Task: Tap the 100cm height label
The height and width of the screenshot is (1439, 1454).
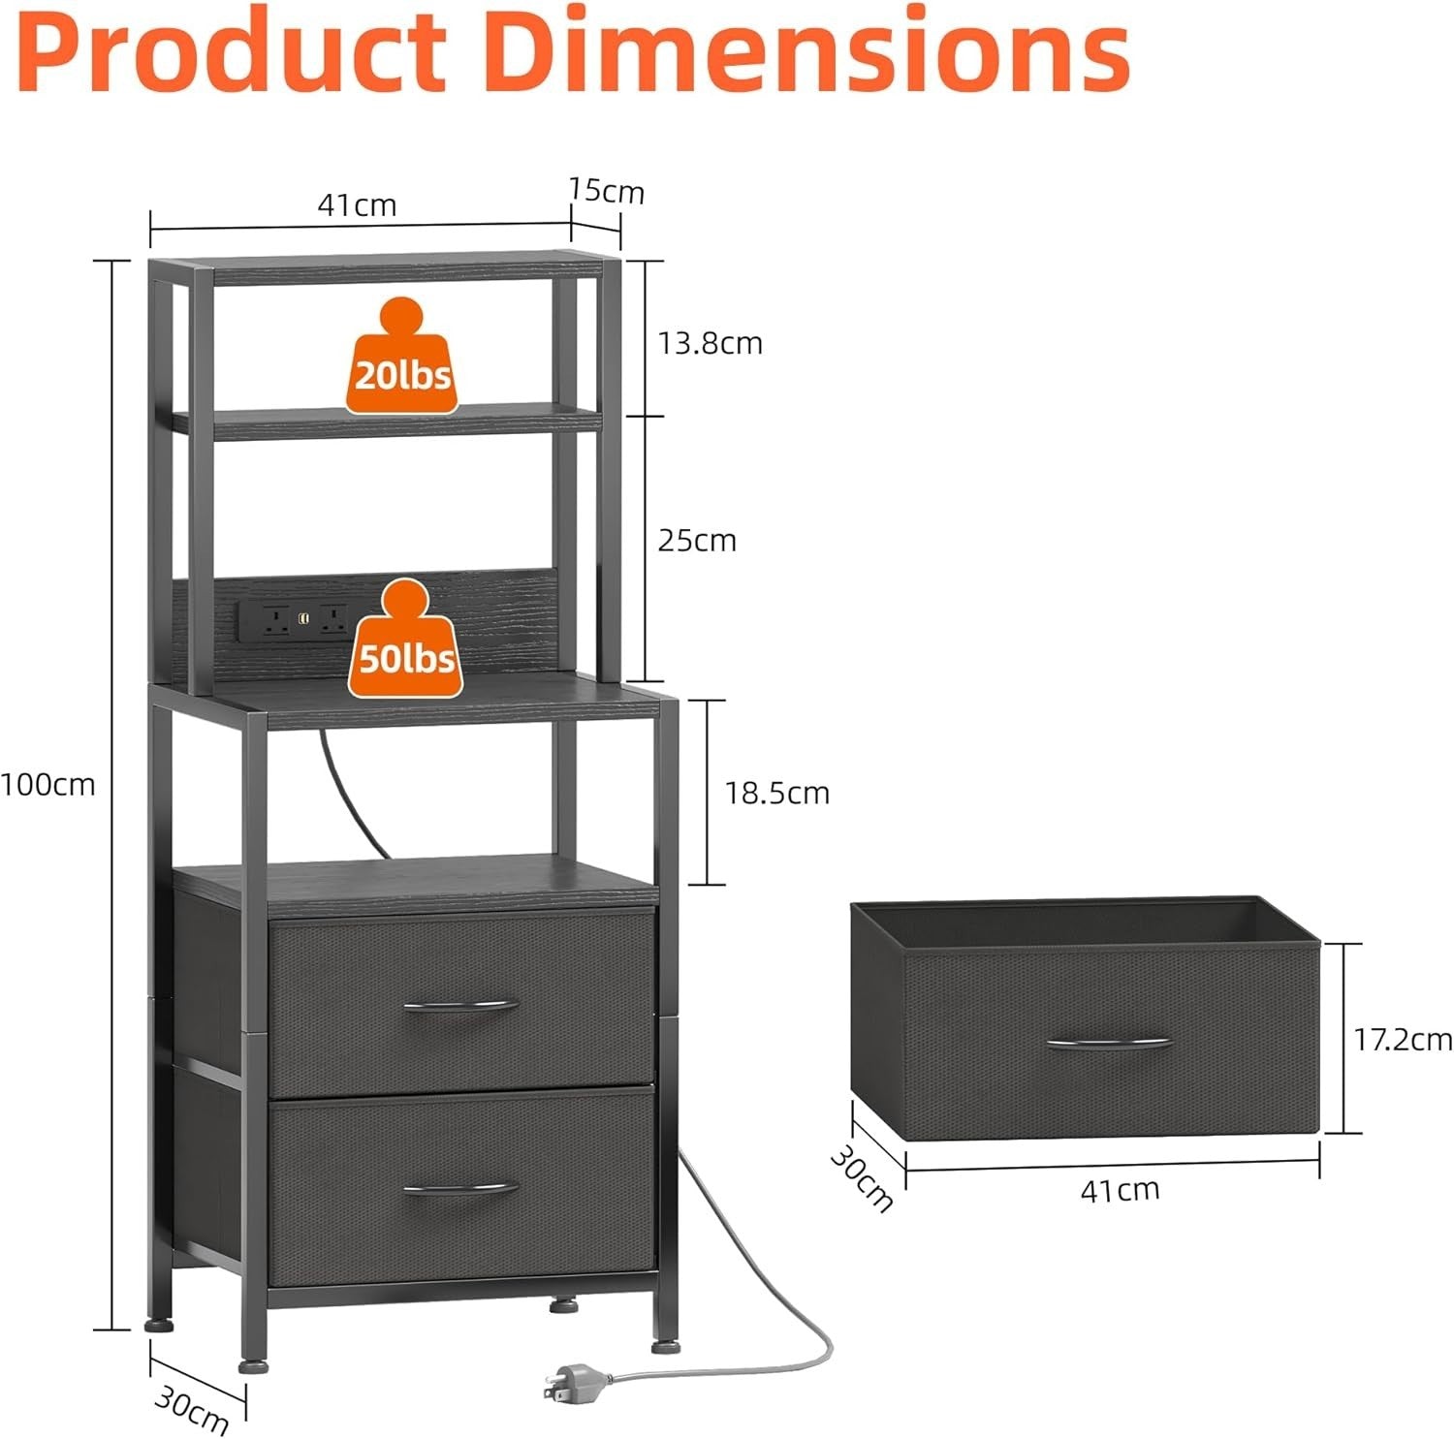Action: (x=47, y=784)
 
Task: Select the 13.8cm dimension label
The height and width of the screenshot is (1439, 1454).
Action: (x=711, y=343)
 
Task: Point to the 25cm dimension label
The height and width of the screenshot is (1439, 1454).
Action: (x=697, y=540)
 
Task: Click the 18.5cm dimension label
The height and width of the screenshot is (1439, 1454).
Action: (x=777, y=794)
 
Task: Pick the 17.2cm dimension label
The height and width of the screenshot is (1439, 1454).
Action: (x=1403, y=1040)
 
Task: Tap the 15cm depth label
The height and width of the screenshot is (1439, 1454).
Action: (x=607, y=191)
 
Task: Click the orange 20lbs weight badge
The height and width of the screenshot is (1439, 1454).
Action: (x=402, y=357)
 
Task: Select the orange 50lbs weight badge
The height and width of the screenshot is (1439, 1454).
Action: (x=406, y=640)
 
